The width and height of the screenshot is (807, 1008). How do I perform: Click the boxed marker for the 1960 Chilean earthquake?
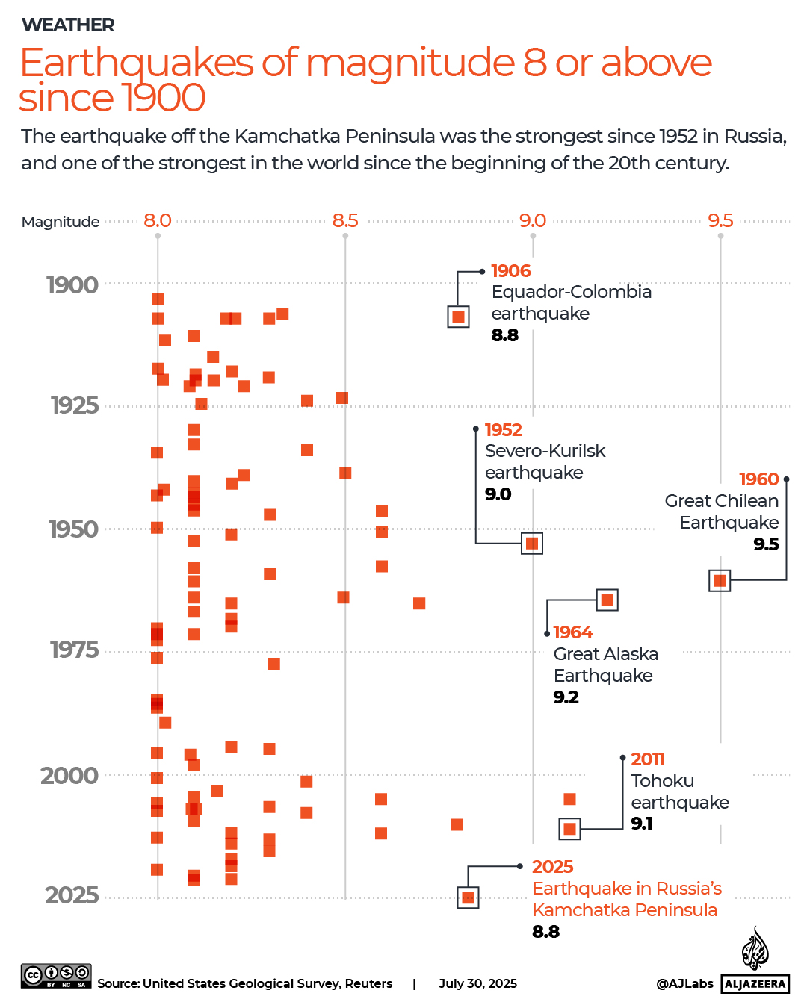click(x=720, y=580)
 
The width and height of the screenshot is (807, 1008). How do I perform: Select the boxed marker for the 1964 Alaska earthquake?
click(x=607, y=600)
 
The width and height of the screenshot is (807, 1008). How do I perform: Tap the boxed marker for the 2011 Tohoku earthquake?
click(x=570, y=829)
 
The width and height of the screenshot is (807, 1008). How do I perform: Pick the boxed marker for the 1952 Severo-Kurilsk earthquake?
click(x=532, y=543)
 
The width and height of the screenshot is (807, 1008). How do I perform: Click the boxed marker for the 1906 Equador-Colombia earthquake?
click(x=458, y=317)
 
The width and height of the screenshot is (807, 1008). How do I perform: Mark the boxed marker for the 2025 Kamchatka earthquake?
click(x=468, y=897)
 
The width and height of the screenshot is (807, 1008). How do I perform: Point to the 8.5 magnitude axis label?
click(x=345, y=220)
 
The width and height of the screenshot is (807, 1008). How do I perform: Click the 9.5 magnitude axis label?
click(x=720, y=220)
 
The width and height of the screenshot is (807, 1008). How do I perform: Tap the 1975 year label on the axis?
click(x=74, y=650)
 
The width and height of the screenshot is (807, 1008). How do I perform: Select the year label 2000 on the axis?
click(x=69, y=775)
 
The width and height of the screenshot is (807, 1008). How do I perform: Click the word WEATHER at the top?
click(x=68, y=25)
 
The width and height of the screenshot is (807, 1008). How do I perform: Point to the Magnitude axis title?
click(x=61, y=222)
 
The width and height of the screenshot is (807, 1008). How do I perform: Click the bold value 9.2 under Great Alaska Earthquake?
click(x=566, y=697)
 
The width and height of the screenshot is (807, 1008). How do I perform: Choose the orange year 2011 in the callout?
click(x=647, y=759)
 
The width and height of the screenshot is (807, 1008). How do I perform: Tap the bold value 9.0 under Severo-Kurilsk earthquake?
click(x=498, y=494)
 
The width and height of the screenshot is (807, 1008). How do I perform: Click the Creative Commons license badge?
click(x=56, y=975)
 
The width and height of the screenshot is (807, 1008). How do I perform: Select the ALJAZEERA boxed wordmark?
click(x=755, y=984)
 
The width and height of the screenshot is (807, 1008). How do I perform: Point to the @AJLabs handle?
click(x=684, y=983)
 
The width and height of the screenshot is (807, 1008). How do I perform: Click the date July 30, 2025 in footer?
click(x=477, y=983)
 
